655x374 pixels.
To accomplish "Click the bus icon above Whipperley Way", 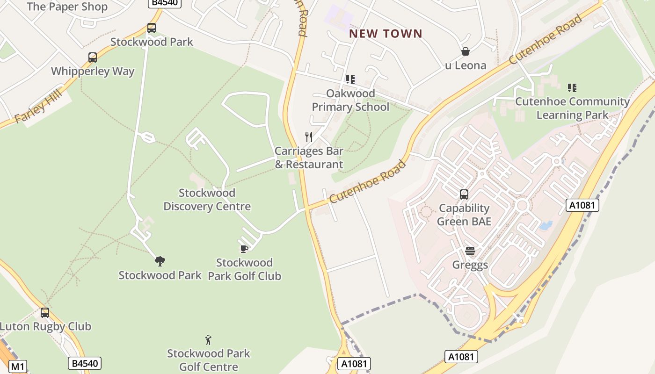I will tap(93, 58).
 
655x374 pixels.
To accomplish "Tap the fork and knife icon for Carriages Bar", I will tap(309, 137).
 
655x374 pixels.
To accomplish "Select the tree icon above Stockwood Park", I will tap(160, 261).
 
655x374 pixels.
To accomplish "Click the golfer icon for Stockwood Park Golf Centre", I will tap(209, 340).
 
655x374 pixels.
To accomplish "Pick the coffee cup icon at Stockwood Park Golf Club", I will tap(244, 249).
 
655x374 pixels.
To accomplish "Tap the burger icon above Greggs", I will tap(470, 252).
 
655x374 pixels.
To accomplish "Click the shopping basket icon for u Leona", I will tap(466, 51).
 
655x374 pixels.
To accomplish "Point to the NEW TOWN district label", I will tap(386, 34).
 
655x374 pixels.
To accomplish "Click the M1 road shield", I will tap(17, 367).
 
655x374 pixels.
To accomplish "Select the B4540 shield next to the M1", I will tap(85, 363).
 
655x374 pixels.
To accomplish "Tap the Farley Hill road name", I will tap(38, 108).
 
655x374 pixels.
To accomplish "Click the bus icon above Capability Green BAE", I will tap(464, 194).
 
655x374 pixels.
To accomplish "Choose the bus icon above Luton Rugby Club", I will tap(45, 313).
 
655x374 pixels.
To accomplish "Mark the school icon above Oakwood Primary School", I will tap(350, 80).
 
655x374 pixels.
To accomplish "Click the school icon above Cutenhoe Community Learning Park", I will tap(572, 88).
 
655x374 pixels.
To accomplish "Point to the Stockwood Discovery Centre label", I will tap(207, 200).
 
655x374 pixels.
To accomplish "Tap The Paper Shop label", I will tap(67, 7).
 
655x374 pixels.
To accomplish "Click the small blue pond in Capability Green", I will tap(546, 226).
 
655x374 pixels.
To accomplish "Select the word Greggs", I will tap(470, 265).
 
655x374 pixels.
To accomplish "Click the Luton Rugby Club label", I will tap(45, 326).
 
